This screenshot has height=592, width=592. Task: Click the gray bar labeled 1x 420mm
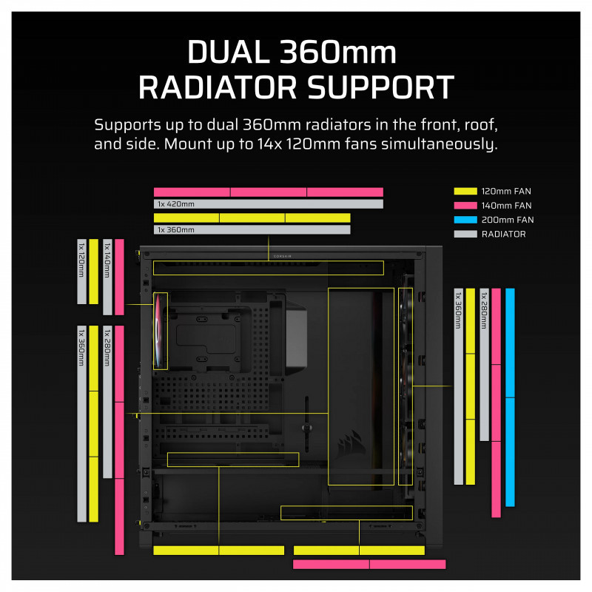[x=269, y=204]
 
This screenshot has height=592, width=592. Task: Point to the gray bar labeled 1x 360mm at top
[x=252, y=230]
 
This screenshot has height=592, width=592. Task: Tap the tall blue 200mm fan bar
[x=510, y=397]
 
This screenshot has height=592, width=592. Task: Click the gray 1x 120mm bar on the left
[x=82, y=271]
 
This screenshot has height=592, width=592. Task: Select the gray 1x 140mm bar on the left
[x=107, y=277]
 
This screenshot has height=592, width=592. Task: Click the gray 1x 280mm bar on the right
[x=484, y=364]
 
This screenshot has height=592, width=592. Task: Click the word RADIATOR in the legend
[x=503, y=234]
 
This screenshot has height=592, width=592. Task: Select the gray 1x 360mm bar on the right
[x=458, y=386]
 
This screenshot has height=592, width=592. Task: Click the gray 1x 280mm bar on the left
[x=107, y=401]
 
